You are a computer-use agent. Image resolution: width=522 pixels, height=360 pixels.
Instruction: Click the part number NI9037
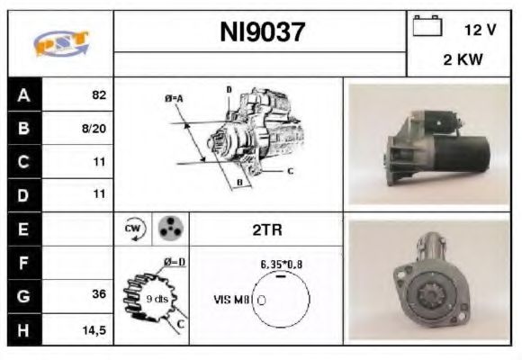point(262,33)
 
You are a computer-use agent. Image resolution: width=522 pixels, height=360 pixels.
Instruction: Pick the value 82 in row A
point(98,94)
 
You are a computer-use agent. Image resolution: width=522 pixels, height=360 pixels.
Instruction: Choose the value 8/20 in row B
point(94,128)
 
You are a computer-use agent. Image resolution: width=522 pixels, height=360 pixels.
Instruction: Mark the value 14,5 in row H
point(94,329)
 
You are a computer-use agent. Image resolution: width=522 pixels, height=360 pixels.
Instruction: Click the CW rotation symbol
point(132,229)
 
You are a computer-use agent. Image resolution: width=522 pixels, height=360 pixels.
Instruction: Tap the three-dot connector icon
point(168,229)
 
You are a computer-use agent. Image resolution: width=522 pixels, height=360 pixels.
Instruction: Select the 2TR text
point(267,229)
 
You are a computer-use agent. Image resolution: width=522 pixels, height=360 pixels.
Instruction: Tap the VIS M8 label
point(232,300)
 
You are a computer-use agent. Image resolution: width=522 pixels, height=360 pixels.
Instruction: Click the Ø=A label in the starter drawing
point(174,98)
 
